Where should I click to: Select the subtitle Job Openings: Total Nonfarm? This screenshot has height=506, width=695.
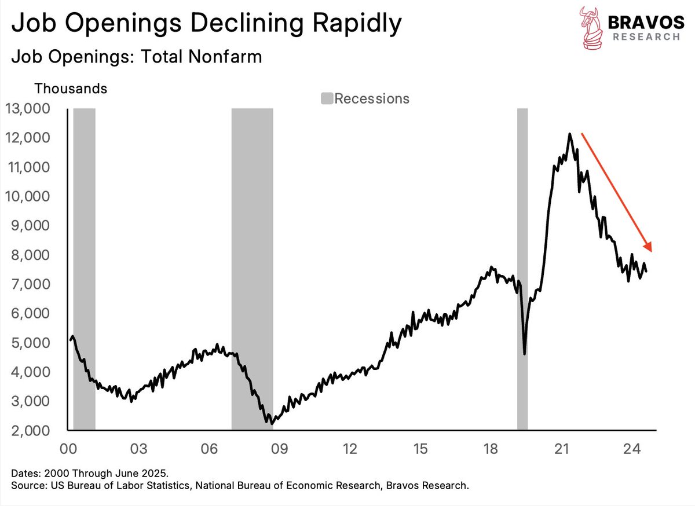tap(137, 57)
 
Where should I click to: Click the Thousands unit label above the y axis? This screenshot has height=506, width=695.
tap(71, 89)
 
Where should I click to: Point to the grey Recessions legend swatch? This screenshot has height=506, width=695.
tap(327, 99)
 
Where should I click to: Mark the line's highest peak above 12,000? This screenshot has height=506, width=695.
tap(570, 134)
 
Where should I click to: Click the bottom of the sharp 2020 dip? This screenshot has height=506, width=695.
tap(525, 354)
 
